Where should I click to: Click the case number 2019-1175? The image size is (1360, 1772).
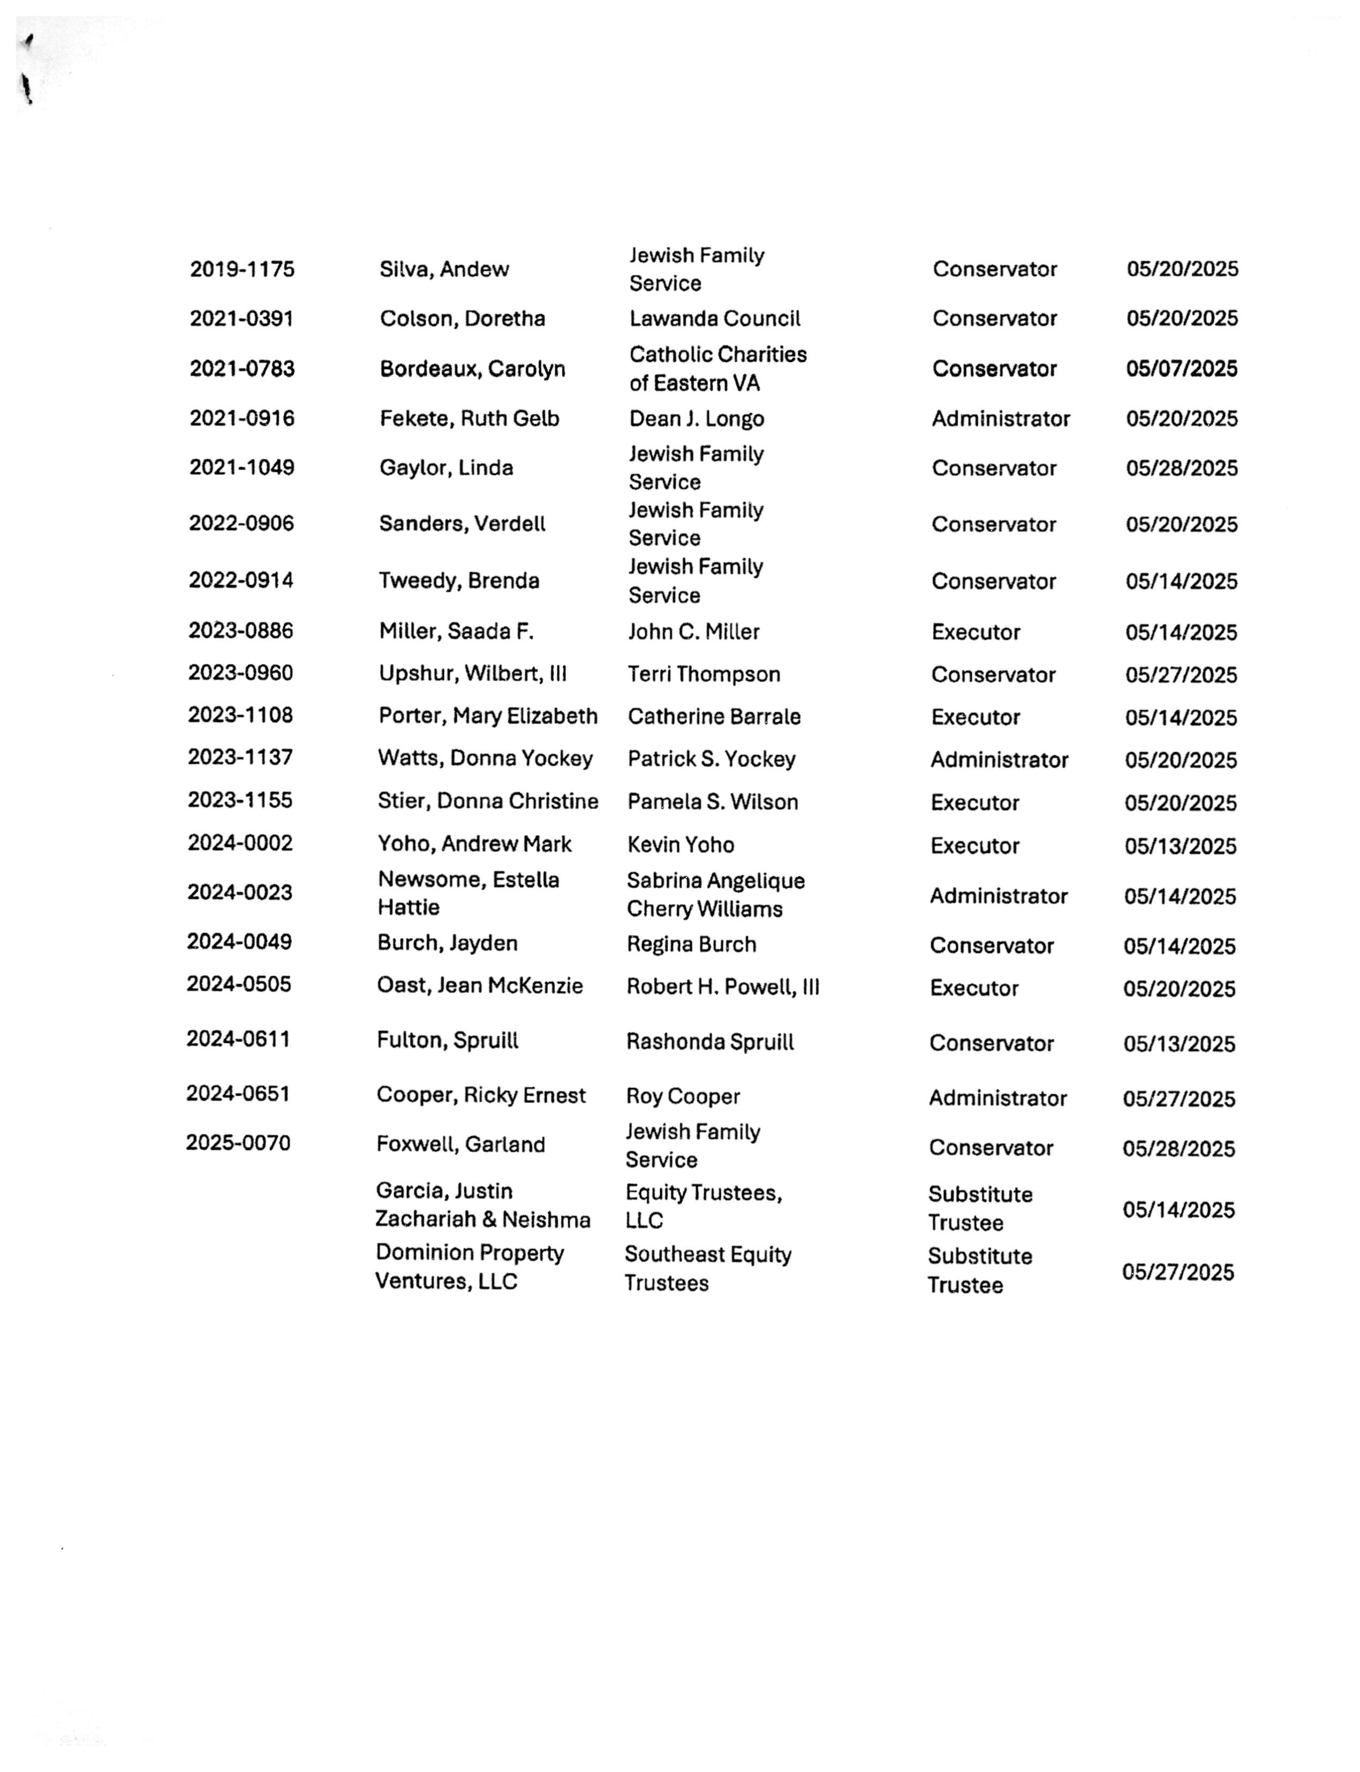[x=242, y=269]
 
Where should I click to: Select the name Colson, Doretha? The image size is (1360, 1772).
[x=462, y=318]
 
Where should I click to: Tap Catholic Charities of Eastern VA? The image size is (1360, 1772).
[x=717, y=368]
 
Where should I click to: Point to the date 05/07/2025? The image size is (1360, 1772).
[x=1181, y=368]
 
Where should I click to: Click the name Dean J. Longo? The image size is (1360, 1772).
[x=696, y=419]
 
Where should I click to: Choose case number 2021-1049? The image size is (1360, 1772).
[x=241, y=467]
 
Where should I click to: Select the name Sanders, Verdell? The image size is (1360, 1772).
[x=462, y=524]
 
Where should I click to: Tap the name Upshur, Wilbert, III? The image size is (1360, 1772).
[x=472, y=673]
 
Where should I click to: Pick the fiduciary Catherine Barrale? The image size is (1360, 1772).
[x=713, y=716]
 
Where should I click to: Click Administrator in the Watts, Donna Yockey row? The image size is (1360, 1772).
[x=999, y=759]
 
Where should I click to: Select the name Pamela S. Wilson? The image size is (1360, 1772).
[x=712, y=801]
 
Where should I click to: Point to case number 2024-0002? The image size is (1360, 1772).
[x=240, y=843]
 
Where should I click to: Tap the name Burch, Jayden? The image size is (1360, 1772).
[x=447, y=943]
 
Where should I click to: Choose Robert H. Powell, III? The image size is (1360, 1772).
[x=722, y=987]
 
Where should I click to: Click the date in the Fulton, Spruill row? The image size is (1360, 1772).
[x=1178, y=1043]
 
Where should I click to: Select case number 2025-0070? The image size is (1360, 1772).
[x=238, y=1142]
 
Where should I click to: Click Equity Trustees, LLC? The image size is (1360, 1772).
[x=702, y=1206]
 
